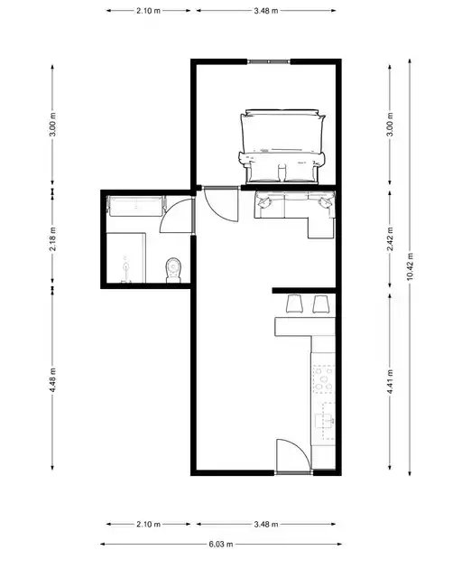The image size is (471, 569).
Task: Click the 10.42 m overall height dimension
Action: click(410, 266)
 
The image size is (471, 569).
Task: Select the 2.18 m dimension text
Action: click(52, 238)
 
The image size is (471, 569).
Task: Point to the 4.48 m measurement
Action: click(52, 379)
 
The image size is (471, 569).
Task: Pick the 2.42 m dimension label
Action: click(390, 238)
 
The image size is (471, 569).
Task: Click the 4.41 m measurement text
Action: click(390, 381)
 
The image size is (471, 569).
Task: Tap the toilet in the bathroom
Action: click(173, 270)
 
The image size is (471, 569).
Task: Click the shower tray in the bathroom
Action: click(126, 258)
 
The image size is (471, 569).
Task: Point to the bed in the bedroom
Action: click(282, 146)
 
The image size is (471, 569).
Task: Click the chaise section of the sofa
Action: click(321, 227)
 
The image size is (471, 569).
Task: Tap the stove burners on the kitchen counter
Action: click(324, 379)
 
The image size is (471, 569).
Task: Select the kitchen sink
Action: click(325, 421)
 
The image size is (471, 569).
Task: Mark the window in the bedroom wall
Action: click(269, 61)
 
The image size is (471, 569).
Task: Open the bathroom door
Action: click(177, 215)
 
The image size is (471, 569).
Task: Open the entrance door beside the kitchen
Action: click(293, 456)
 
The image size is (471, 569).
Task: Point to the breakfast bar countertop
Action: click(305, 326)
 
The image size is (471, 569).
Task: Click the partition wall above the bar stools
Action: click(304, 290)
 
